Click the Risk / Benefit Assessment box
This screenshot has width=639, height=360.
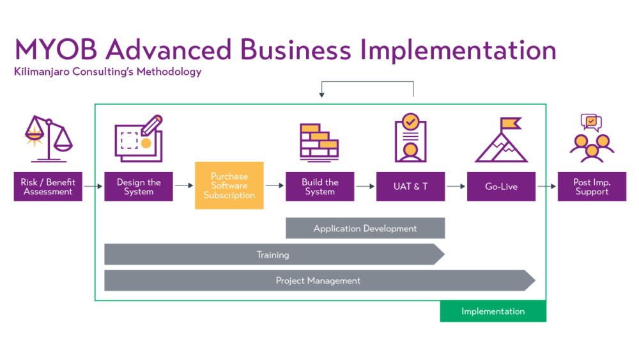coord(48,187)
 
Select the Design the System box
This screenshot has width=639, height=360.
coord(139,187)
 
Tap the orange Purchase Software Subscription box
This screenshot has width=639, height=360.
coord(229,185)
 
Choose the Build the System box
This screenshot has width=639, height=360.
coord(319,187)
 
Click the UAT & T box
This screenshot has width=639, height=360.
coord(410,187)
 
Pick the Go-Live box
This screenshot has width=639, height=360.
coord(501,187)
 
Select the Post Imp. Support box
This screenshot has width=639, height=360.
coord(592,187)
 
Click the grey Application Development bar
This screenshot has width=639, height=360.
coord(365,228)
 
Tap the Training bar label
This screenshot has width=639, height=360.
coord(273,254)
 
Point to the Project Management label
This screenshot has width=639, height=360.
coord(318,281)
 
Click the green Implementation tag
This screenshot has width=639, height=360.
coord(493,311)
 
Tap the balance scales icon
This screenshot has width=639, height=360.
coord(48,137)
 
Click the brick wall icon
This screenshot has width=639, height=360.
coord(319,141)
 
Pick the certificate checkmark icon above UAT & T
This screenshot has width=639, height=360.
coord(410,138)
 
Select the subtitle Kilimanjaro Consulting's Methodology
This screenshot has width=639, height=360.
coord(108,72)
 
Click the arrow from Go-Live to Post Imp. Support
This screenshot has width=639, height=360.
coord(546,187)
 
